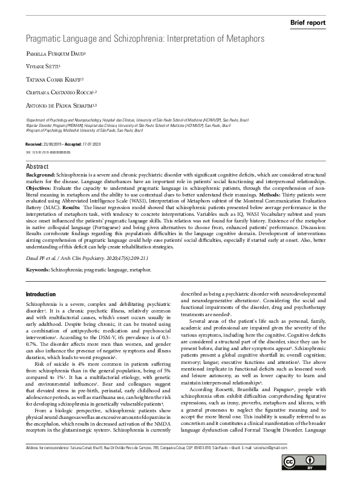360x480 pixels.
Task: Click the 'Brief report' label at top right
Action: coord(309,22)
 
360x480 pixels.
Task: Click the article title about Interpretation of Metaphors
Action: coord(145,39)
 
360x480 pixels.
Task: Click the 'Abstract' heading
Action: coord(37,166)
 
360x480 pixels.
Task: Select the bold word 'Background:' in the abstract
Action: coord(41,174)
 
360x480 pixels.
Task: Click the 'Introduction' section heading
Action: coord(41,294)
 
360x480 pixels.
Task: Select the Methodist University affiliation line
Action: coord(83,130)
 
